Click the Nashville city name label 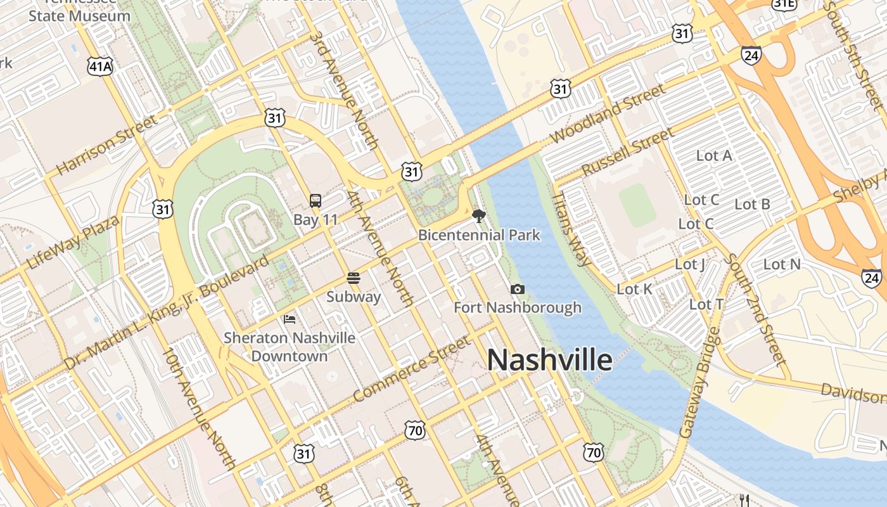point(549,360)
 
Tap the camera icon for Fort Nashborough point(518,290)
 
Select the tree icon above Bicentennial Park point(479,216)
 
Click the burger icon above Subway point(354,278)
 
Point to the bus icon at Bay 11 point(316,201)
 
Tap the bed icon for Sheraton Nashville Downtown point(290,319)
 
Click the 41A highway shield point(101,65)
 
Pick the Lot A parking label point(714,155)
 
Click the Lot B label point(752,204)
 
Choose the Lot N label point(782,264)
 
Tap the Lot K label point(634,289)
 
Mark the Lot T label point(706,305)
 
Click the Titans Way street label point(571,228)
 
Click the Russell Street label point(627,152)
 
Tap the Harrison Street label point(106,146)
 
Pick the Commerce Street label point(412,369)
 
